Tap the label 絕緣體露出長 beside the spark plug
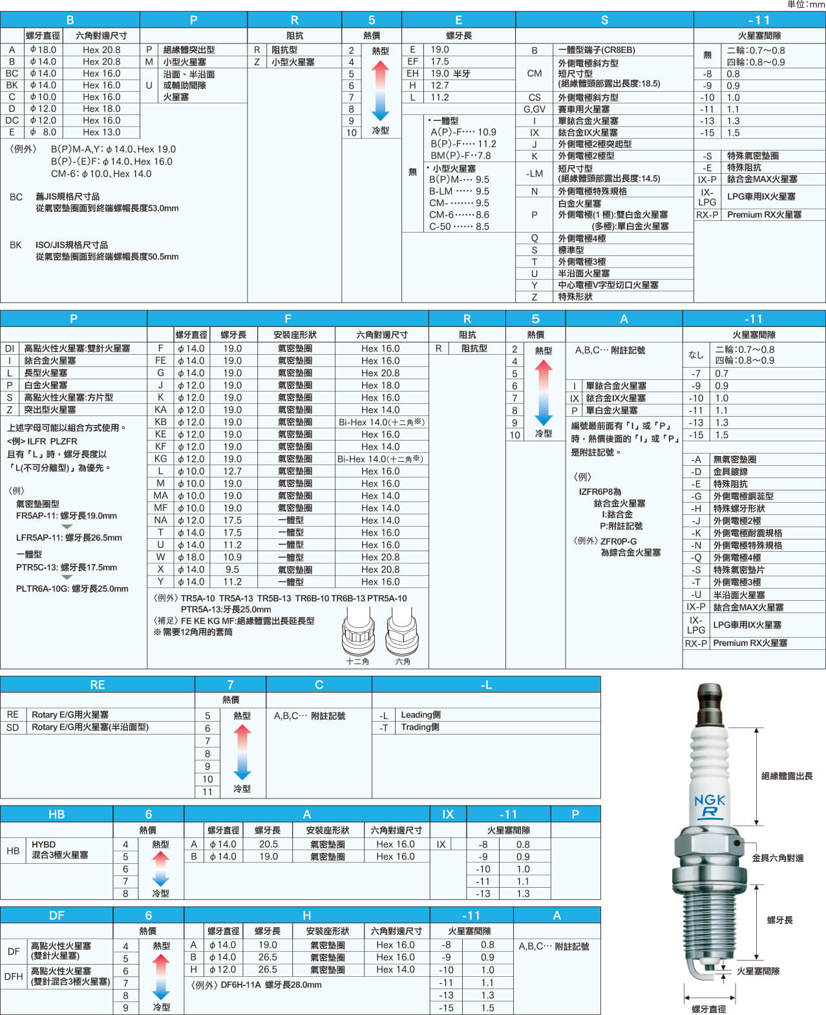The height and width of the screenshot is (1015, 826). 787,776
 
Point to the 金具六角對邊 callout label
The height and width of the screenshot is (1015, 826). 778,858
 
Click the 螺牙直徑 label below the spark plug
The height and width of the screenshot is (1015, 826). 709,1009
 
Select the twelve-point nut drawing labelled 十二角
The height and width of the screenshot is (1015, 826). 358,631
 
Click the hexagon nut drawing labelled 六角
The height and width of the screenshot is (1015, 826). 403,631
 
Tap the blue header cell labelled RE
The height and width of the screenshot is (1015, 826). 97,684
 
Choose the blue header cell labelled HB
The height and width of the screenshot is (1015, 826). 57,814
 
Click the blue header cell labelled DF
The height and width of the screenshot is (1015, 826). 57,915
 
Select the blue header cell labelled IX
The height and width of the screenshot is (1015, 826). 448,814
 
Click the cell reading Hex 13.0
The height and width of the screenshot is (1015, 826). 101,132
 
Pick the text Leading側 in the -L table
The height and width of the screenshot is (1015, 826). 421,715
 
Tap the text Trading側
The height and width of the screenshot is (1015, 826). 420,727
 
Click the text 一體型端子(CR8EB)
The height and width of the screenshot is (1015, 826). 597,50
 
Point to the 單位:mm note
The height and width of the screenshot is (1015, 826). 805,5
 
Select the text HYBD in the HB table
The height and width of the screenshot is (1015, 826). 43,844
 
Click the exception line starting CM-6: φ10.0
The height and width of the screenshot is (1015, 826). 101,173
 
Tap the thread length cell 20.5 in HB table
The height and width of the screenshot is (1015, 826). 268,844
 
